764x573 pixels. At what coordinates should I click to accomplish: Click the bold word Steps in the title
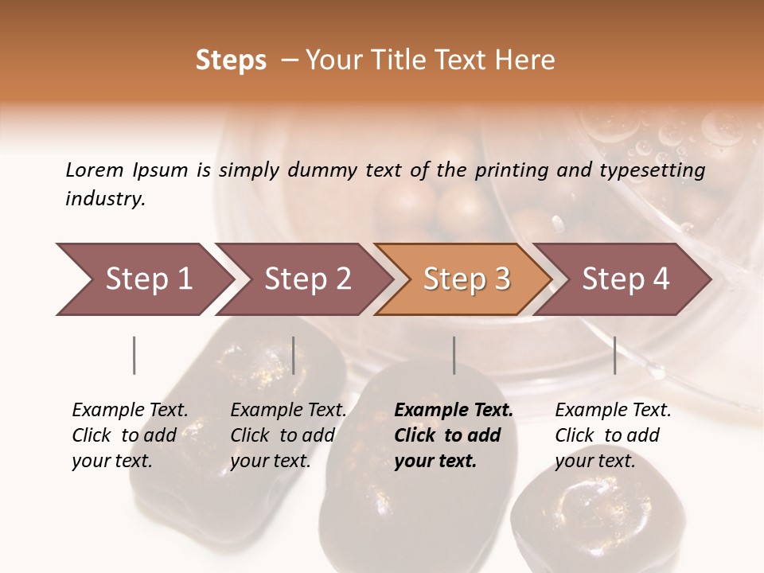click(231, 60)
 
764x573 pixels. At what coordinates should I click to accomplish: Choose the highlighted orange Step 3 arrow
click(466, 279)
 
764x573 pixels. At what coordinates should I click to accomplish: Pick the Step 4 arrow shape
click(626, 279)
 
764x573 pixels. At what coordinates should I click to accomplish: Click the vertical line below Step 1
click(134, 355)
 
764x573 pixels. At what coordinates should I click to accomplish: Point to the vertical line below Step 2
click(294, 355)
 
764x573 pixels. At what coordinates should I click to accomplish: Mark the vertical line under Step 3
click(454, 355)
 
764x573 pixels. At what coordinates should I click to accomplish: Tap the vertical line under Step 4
click(615, 355)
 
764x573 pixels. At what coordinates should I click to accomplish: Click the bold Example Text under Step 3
click(454, 411)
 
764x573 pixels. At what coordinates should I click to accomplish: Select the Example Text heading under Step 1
click(130, 411)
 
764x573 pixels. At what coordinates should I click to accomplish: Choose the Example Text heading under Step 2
click(288, 411)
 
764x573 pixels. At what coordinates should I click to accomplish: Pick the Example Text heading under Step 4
click(613, 411)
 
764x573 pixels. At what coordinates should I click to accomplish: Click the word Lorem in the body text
click(95, 170)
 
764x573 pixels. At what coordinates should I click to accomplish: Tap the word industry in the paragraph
click(104, 199)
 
